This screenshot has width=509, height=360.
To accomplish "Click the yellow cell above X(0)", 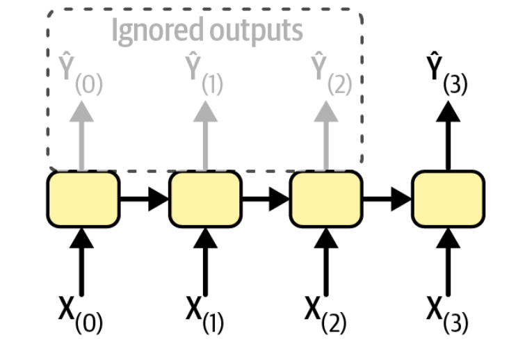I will pyautogui.click(x=83, y=199).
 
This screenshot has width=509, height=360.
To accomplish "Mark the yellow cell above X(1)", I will pyautogui.click(x=204, y=199).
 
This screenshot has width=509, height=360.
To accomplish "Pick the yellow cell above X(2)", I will pyautogui.click(x=325, y=199).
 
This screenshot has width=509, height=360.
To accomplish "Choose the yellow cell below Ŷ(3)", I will pyautogui.click(x=447, y=199).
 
